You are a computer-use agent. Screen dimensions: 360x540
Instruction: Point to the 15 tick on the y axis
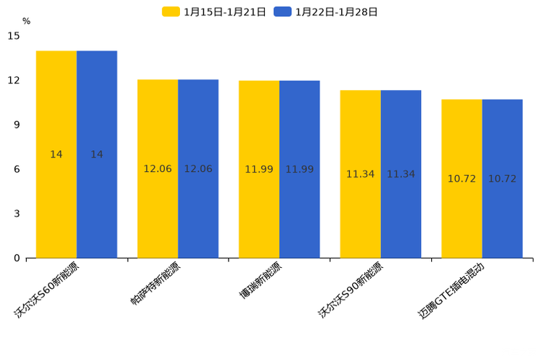[x=15, y=36]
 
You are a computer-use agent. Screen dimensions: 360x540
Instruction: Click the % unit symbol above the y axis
[x=26, y=22]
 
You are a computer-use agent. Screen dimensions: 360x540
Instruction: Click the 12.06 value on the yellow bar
[x=157, y=169]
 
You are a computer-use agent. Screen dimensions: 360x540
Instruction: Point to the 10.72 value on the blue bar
[x=502, y=179]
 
